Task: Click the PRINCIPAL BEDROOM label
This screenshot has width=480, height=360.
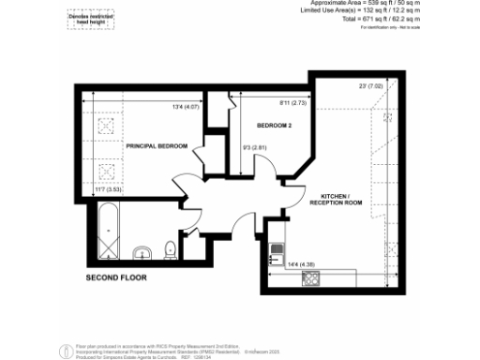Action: click(x=157, y=146)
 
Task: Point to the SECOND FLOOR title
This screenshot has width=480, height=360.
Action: click(x=117, y=278)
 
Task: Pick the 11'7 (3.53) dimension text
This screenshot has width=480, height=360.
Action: click(x=111, y=190)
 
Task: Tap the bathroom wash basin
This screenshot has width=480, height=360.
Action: click(x=142, y=251)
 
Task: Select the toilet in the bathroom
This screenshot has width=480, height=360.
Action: click(x=170, y=249)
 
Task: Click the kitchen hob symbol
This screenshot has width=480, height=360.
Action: click(x=277, y=250)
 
